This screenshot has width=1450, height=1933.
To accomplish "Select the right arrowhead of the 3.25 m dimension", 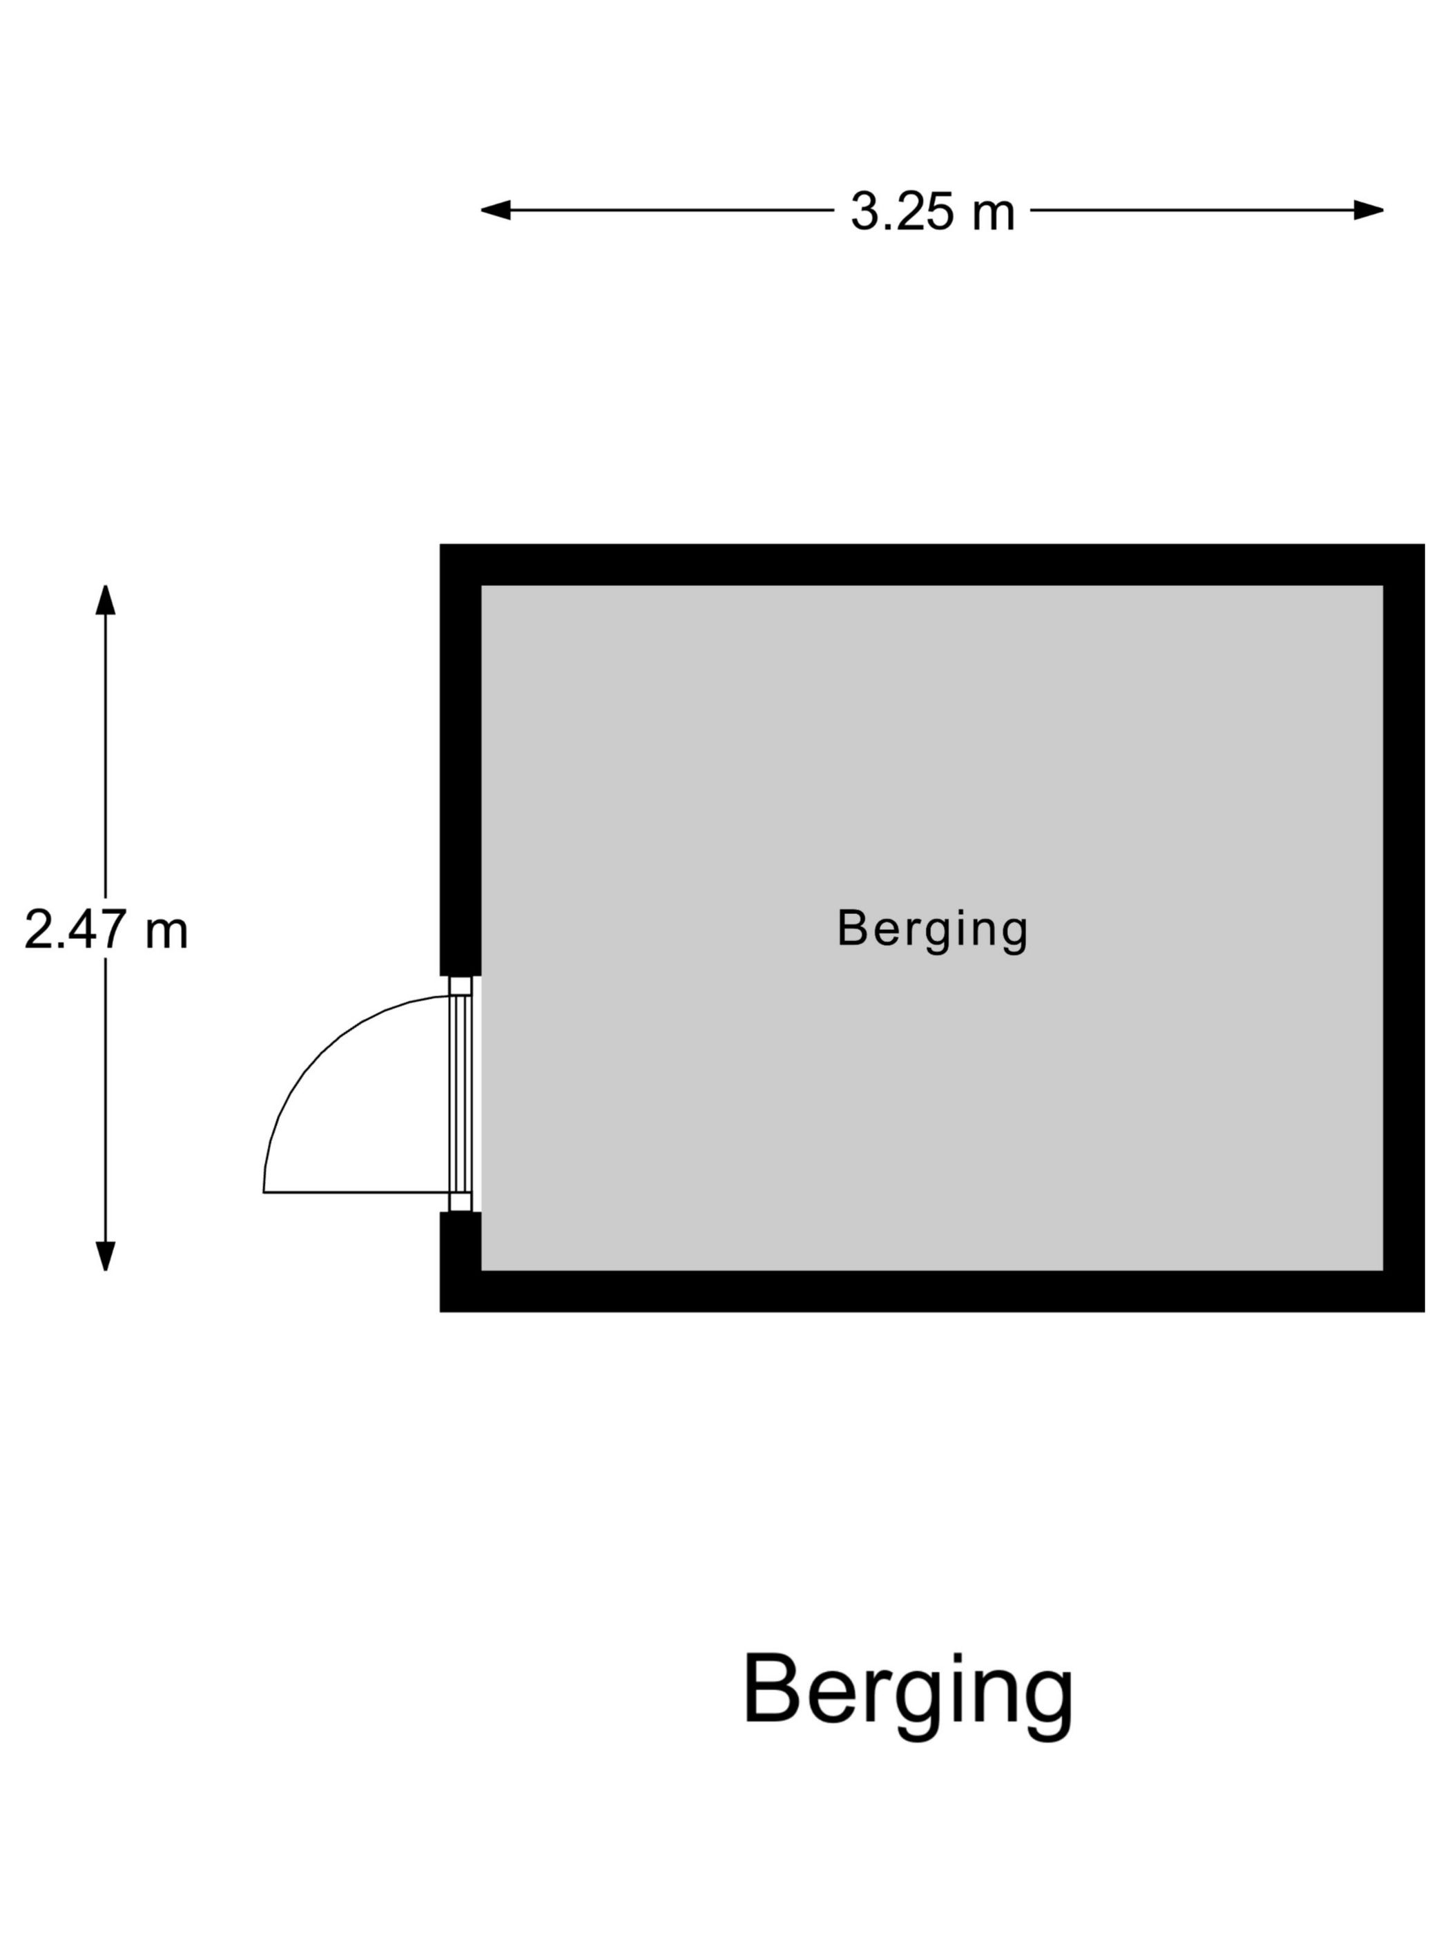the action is pyautogui.click(x=1369, y=210).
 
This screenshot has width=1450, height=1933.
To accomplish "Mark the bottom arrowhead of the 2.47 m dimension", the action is pyautogui.click(x=106, y=1256).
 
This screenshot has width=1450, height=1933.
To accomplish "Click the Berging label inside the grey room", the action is pyautogui.click(x=933, y=930).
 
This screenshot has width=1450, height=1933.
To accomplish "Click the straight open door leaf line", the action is pyautogui.click(x=356, y=1192).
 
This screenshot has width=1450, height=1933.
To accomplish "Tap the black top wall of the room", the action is pyautogui.click(x=931, y=565).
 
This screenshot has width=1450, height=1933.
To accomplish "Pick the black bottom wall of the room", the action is pyautogui.click(x=931, y=1292).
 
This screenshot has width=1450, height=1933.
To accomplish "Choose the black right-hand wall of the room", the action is pyautogui.click(x=1404, y=928).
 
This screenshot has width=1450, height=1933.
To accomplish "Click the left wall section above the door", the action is pyautogui.click(x=461, y=759).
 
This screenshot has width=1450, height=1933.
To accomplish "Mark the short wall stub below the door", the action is pyautogui.click(x=461, y=1262).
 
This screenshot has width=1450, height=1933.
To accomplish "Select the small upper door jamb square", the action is pyautogui.click(x=461, y=986).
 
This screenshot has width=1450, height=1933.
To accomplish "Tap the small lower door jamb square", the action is pyautogui.click(x=461, y=1202).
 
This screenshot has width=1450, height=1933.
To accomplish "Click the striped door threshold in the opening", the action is pyautogui.click(x=461, y=1094).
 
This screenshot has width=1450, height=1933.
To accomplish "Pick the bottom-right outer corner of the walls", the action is pyautogui.click(x=1424, y=1312).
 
